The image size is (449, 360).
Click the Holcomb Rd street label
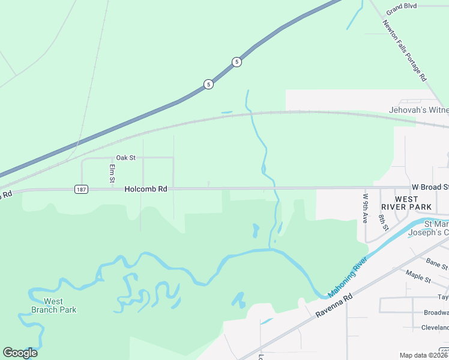145,189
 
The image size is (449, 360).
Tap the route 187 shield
81,189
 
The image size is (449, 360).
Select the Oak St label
126,158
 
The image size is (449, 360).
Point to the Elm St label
112,173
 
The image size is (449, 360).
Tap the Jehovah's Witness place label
418,110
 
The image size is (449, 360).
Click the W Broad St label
430,187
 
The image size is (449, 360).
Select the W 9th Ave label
364,208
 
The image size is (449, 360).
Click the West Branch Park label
53,305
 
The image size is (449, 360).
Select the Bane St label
436,263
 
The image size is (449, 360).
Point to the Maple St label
418,278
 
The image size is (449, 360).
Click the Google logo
20,353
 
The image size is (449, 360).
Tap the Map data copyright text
424,355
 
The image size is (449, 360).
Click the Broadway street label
436,313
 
